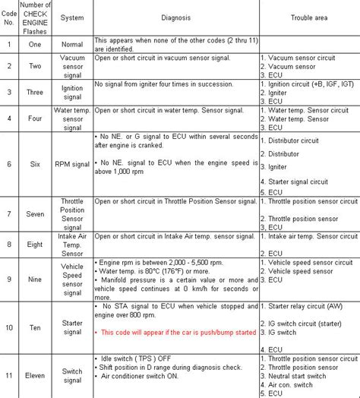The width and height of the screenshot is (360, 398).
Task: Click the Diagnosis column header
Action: coord(175,18)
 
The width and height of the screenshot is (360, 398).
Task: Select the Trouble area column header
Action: coord(308,18)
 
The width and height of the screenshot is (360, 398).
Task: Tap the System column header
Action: coord(71,18)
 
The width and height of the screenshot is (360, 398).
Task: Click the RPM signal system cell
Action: coord(71,163)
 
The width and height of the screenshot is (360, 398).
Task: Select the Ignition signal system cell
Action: coord(71,92)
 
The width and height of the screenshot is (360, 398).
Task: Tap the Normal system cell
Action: coord(71,44)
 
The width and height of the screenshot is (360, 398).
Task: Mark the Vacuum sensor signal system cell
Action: coord(71,66)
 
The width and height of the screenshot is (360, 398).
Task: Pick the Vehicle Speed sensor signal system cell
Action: coord(71,278)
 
